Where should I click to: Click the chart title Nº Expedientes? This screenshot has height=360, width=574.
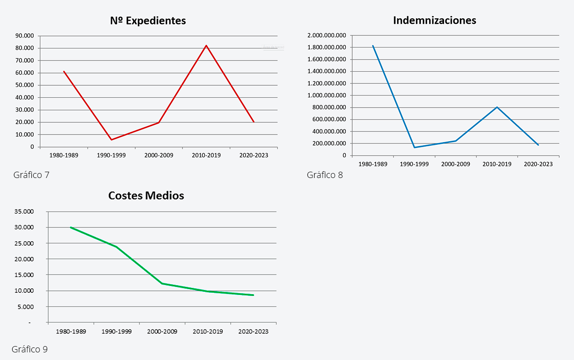[148, 21]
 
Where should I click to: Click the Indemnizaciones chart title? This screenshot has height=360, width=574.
[434, 20]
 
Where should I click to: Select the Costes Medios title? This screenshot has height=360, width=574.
[146, 195]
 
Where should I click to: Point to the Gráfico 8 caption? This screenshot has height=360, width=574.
[325, 175]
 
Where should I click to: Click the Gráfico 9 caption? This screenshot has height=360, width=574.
[30, 349]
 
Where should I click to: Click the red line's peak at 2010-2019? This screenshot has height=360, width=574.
[207, 45]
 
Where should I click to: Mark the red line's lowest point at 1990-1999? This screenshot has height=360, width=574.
[111, 140]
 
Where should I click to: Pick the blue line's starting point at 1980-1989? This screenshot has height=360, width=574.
[373, 46]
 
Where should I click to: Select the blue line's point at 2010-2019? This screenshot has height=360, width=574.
[497, 107]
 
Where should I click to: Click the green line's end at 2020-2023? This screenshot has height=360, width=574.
[253, 295]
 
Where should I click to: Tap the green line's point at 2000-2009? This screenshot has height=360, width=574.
[162, 283]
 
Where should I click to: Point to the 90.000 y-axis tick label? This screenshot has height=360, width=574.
[24, 36]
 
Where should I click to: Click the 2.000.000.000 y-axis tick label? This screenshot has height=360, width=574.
[327, 35]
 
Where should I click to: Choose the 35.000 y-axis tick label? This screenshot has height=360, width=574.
[25, 212]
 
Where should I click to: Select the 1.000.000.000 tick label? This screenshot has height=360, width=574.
[327, 95]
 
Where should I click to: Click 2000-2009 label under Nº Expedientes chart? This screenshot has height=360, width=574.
[159, 155]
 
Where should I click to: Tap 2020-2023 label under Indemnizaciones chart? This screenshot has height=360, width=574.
[538, 164]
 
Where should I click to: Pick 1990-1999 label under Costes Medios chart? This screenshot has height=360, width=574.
[117, 332]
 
